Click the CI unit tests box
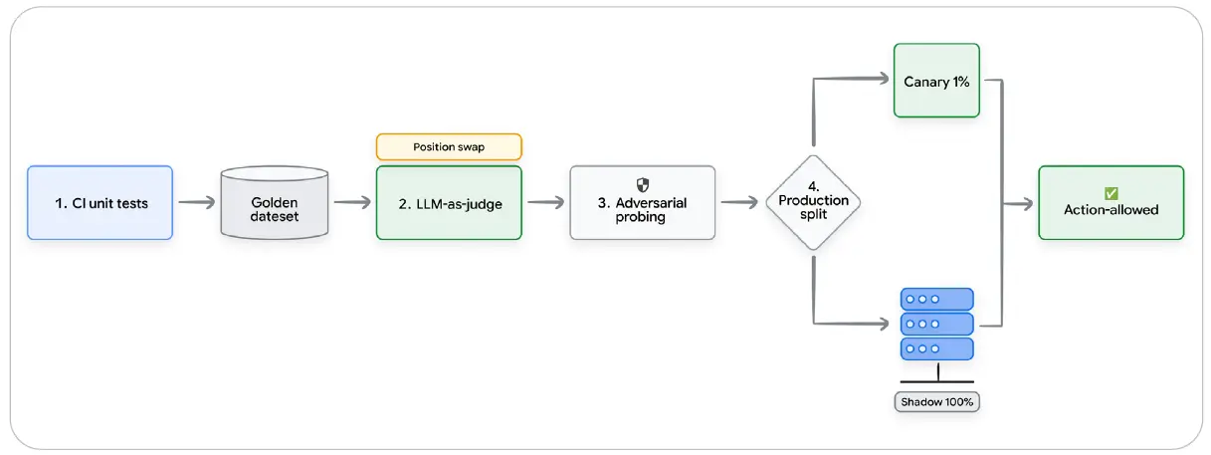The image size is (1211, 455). tap(101, 203)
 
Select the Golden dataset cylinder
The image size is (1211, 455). tap(275, 203)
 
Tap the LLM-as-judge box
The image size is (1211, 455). tap(449, 203)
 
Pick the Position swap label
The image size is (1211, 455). tap(449, 146)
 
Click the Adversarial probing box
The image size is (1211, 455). tap(642, 203)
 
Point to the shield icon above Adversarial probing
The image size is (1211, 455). tap(642, 185)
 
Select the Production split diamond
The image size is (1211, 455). tap(813, 202)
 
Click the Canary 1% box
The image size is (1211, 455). tap(936, 81)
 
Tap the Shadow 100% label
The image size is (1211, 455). tap(937, 402)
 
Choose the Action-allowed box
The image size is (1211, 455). tap(1110, 203)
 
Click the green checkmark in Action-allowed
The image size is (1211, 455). tap(1110, 193)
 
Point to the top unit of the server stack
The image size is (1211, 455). tap(937, 300)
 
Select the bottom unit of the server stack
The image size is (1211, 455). tap(937, 348)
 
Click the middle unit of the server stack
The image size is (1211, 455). tap(937, 324)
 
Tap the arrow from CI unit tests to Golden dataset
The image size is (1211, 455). tap(197, 202)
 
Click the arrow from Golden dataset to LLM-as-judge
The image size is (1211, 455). tap(352, 202)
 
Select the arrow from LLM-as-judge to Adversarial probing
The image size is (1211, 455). tap(546, 202)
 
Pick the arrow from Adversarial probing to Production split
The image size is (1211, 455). tap(739, 202)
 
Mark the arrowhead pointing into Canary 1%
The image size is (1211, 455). tap(884, 79)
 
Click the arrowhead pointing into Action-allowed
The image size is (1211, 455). tap(1027, 204)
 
